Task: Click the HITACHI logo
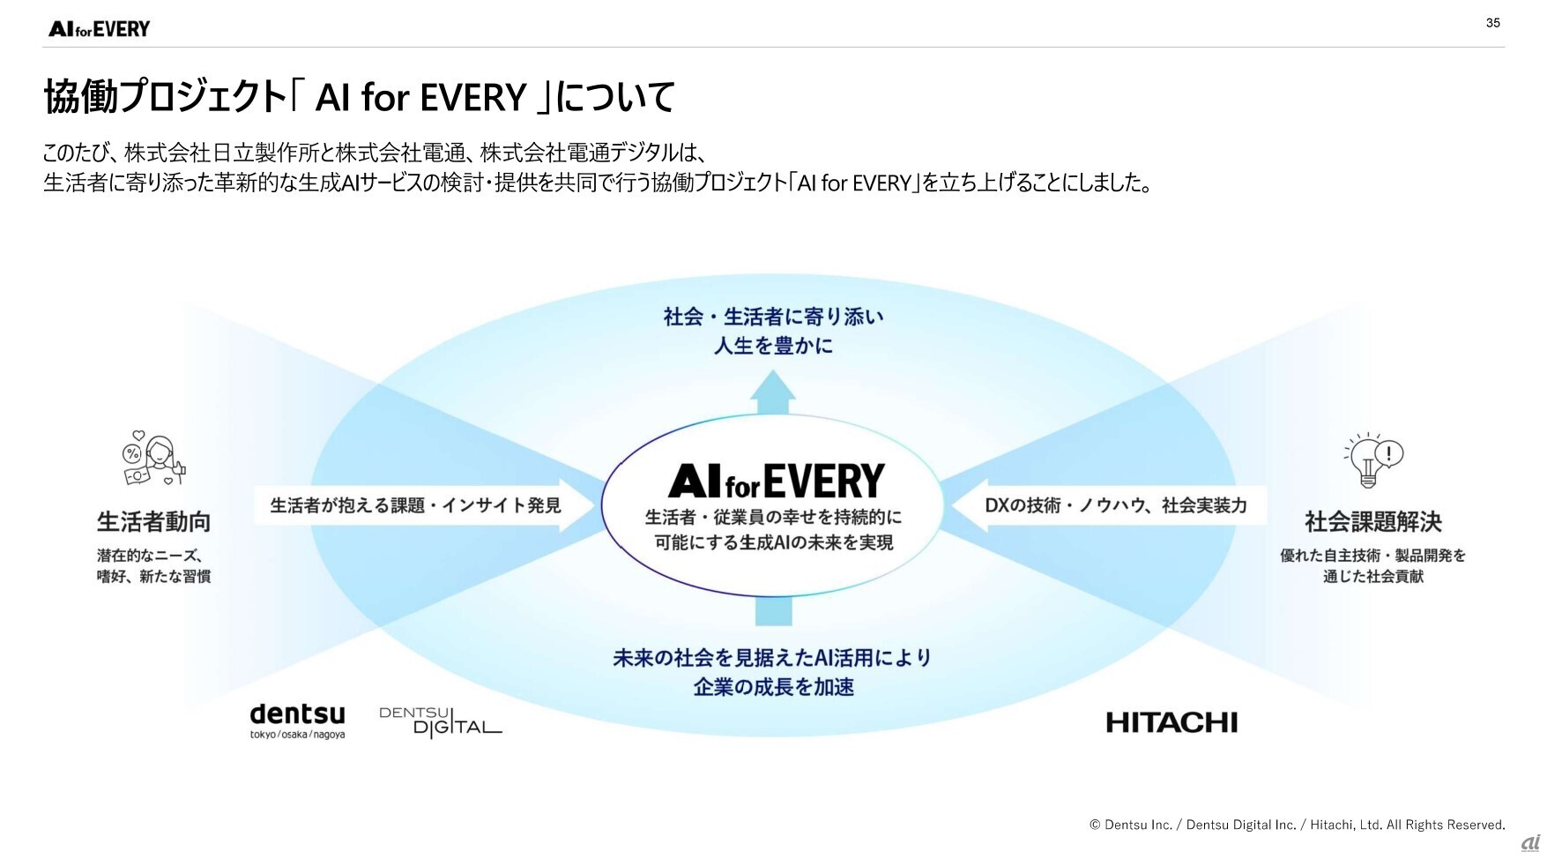click(1171, 723)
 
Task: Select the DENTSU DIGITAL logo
click(441, 721)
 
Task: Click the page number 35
click(1492, 23)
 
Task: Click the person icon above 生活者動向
click(154, 459)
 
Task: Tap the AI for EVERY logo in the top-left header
click(100, 29)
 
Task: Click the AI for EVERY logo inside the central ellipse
click(776, 481)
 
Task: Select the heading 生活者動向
click(154, 522)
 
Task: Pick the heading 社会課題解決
click(1372, 522)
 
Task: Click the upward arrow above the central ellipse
click(773, 392)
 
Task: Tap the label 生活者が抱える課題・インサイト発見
click(415, 505)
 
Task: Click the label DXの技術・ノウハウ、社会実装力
click(1116, 505)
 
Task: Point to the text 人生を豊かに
click(773, 346)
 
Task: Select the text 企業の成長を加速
click(773, 687)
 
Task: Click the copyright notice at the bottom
click(1297, 825)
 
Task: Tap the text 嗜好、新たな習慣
click(153, 577)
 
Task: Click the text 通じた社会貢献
click(1372, 577)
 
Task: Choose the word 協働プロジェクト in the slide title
click(166, 96)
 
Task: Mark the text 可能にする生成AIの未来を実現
click(774, 542)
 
